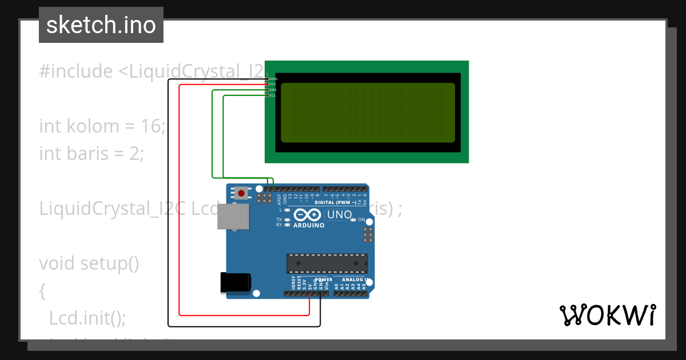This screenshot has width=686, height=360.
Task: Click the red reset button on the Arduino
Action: (x=241, y=193)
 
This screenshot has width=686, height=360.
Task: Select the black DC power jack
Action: (x=235, y=282)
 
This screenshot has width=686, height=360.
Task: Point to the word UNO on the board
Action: (x=337, y=215)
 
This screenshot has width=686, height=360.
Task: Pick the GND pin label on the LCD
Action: (x=273, y=78)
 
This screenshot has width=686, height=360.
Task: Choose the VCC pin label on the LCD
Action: (x=273, y=84)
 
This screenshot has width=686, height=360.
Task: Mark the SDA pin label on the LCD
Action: (x=273, y=90)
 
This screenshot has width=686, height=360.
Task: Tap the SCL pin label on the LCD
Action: (x=273, y=95)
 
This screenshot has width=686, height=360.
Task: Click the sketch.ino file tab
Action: (x=101, y=25)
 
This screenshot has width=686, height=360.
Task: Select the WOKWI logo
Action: (x=607, y=315)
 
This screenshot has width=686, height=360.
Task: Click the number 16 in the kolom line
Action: (x=152, y=126)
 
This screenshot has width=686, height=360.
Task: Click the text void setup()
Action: (x=89, y=263)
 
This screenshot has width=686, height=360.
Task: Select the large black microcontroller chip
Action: (x=326, y=263)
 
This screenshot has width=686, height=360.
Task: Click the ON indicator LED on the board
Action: (x=354, y=219)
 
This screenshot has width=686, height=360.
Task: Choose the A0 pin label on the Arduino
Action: (x=336, y=286)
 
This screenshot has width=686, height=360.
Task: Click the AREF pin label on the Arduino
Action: (x=279, y=199)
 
